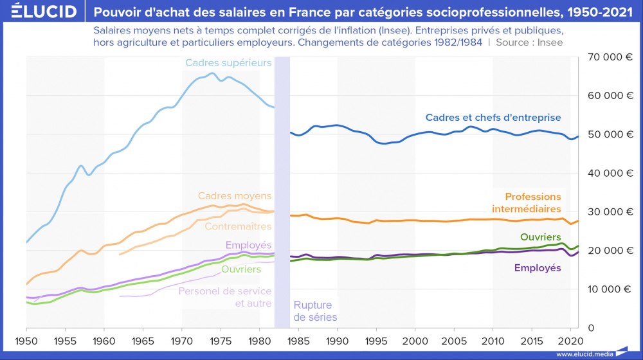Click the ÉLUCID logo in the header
coord(41,12)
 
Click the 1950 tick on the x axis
coord(26,339)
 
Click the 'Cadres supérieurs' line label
coord(228,62)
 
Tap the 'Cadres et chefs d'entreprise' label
coord(493,118)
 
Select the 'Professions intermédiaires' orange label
coord(526,203)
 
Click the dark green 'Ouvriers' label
coord(540,237)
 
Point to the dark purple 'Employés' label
coord(537,267)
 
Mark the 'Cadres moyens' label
coord(235,195)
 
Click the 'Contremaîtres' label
coord(238,226)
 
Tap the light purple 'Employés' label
coord(248,245)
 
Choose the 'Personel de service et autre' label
coord(225,297)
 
